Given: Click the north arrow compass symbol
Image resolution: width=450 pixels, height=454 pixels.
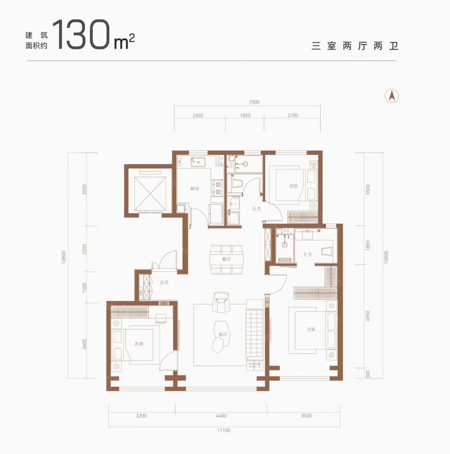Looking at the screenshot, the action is click(x=392, y=96).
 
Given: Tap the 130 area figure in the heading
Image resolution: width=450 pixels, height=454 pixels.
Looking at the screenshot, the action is click(x=82, y=35).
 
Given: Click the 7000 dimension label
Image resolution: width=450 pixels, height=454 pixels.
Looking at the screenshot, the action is click(x=254, y=102).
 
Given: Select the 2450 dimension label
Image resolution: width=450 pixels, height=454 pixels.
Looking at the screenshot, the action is click(x=198, y=116).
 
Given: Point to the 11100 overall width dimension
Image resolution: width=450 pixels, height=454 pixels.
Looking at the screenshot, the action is click(x=223, y=430).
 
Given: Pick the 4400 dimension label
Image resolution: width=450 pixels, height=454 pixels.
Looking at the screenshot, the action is click(x=221, y=416).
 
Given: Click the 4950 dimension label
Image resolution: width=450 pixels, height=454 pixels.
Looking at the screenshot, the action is click(x=368, y=316).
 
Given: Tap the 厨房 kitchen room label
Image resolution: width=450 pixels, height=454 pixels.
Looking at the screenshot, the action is click(x=195, y=189).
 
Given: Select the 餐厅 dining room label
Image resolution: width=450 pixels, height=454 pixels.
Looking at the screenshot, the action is click(x=227, y=259).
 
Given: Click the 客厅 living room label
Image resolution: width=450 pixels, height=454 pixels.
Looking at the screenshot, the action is click(x=223, y=334).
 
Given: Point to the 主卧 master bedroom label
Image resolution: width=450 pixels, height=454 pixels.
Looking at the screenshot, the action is click(x=311, y=329).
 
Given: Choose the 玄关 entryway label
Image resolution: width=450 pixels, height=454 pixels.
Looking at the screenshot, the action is click(x=164, y=282).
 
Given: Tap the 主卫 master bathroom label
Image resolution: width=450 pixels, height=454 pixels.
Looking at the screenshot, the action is click(x=307, y=254).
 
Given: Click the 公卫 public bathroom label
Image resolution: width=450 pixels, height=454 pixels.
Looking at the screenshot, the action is click(x=256, y=209).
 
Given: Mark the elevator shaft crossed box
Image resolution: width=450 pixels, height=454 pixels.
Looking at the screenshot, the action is click(x=150, y=194).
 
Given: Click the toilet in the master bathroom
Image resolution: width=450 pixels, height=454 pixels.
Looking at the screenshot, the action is click(x=327, y=251).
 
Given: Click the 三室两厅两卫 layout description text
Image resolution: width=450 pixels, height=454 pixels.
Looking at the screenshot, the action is click(x=355, y=46).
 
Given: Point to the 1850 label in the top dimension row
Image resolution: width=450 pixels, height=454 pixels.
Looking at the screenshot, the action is click(x=245, y=116).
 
